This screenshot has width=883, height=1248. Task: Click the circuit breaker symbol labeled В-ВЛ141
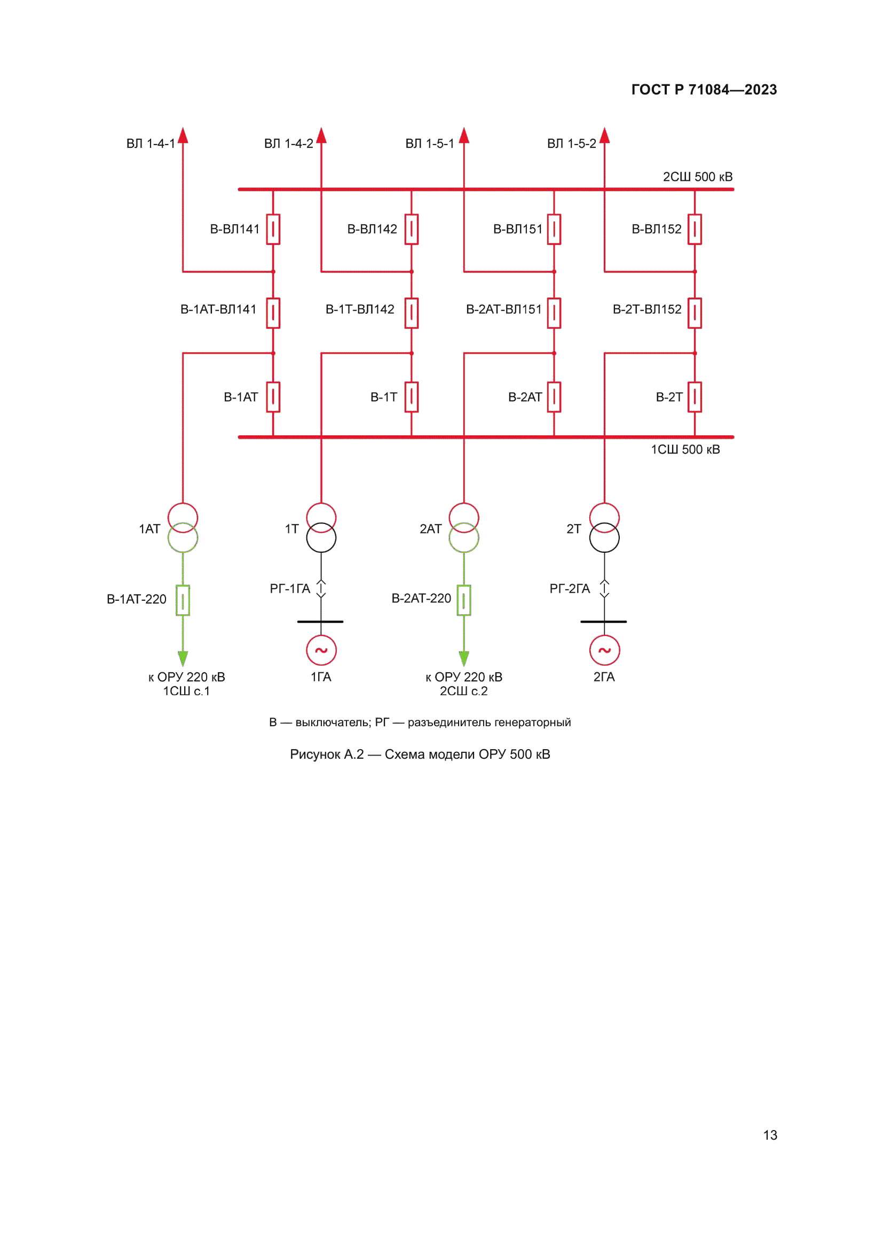pyautogui.click(x=273, y=229)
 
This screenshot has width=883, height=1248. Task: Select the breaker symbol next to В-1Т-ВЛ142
pyautogui.click(x=412, y=313)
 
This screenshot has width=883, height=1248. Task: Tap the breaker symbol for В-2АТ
pyautogui.click(x=554, y=398)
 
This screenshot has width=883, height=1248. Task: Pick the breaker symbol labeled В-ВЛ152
pyautogui.click(x=695, y=229)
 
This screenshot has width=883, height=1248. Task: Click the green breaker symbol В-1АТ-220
pyautogui.click(x=183, y=601)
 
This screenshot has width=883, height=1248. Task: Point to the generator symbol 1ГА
pyautogui.click(x=321, y=650)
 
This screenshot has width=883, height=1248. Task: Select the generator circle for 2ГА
pyautogui.click(x=605, y=650)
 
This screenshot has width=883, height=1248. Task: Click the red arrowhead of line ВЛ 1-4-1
pyautogui.click(x=183, y=136)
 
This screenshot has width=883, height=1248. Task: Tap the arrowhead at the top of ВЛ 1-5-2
pyautogui.click(x=605, y=136)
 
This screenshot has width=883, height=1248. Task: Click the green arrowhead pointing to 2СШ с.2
pyautogui.click(x=464, y=658)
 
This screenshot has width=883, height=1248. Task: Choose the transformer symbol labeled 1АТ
pyautogui.click(x=183, y=528)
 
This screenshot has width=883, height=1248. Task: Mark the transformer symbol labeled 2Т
pyautogui.click(x=605, y=528)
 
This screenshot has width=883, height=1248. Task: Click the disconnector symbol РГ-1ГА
pyautogui.click(x=321, y=589)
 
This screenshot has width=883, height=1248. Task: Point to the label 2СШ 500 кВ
pyautogui.click(x=698, y=177)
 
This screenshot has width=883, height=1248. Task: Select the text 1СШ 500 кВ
pyautogui.click(x=685, y=449)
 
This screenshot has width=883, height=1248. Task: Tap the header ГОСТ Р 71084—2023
pyautogui.click(x=704, y=90)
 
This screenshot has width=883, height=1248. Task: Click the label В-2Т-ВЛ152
pyautogui.click(x=647, y=310)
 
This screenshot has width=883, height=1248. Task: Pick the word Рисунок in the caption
pyautogui.click(x=315, y=754)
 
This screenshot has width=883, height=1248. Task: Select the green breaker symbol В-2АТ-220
pyautogui.click(x=464, y=601)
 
